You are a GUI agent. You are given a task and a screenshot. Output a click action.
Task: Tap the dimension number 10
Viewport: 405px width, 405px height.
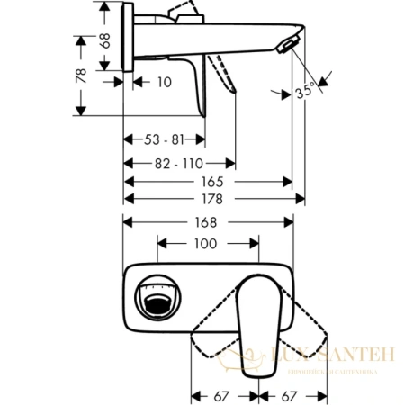[x=162, y=82]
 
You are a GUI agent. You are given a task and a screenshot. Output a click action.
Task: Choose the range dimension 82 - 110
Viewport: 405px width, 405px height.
[x=178, y=164]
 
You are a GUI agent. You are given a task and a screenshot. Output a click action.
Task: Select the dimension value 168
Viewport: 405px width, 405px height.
[x=208, y=222]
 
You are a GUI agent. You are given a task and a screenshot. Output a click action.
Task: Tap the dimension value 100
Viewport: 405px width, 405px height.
[x=208, y=245]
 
